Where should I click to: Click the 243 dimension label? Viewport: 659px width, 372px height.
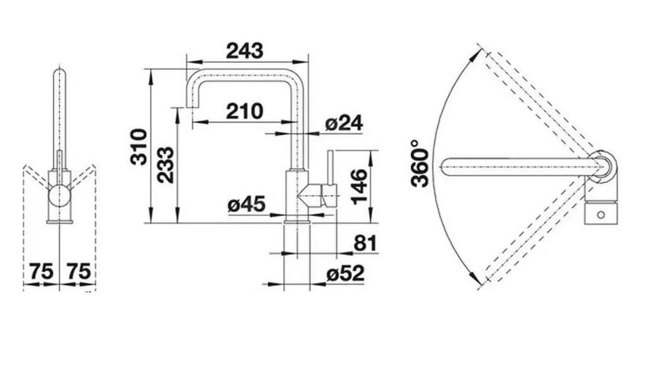pyautogui.click(x=244, y=51)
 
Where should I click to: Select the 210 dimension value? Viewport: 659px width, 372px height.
pyautogui.click(x=244, y=111)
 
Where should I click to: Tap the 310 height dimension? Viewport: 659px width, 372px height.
pyautogui.click(x=139, y=147)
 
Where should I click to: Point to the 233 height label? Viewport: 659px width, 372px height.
pyautogui.click(x=165, y=165)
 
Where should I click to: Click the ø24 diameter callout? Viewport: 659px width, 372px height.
pyautogui.click(x=344, y=123)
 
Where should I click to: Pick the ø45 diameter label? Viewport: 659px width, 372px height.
pyautogui.click(x=246, y=204)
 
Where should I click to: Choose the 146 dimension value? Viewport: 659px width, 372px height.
pyautogui.click(x=358, y=187)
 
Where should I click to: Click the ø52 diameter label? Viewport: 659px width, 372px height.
pyautogui.click(x=345, y=274)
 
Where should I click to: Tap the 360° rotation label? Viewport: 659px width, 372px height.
pyautogui.click(x=420, y=163)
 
